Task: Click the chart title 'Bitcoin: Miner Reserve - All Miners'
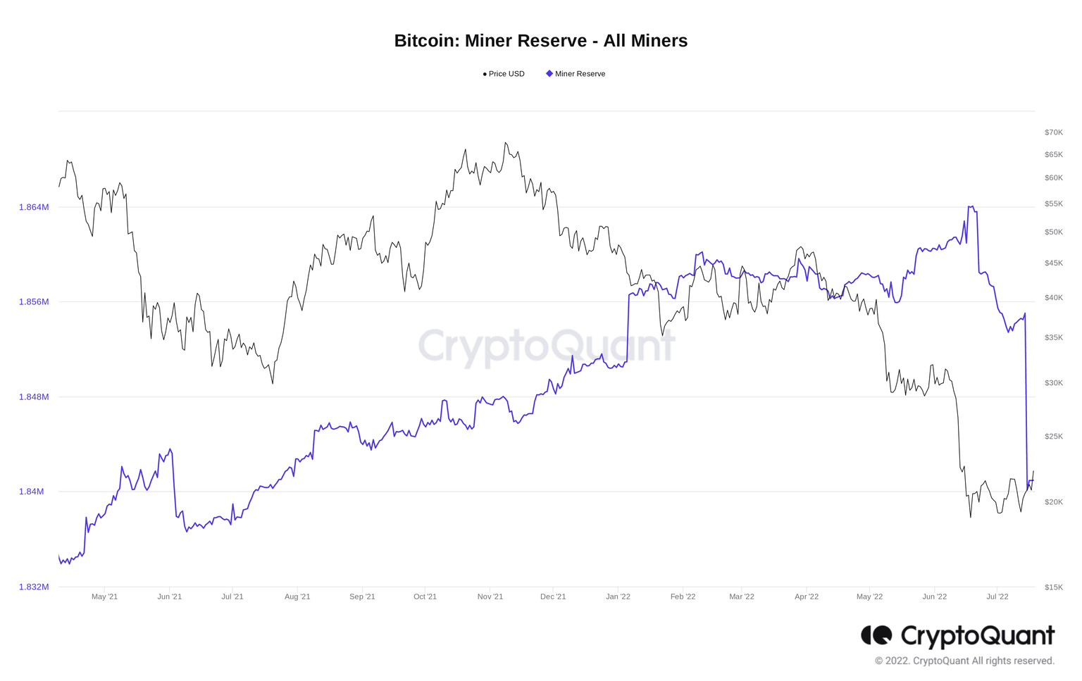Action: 540,41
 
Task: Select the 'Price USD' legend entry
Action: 504,74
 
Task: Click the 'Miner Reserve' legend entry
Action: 576,74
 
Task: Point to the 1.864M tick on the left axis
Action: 34,207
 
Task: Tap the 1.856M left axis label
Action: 34,302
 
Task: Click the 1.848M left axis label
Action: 34,397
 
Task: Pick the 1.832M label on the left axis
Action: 34,587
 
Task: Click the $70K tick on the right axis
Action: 1053,132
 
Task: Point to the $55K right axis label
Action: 1053,204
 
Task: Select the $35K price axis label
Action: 1053,338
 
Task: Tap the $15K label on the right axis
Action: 1053,587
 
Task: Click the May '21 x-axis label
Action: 104,596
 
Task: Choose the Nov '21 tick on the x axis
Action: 490,596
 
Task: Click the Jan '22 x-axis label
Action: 618,596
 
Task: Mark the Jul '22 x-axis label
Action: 997,596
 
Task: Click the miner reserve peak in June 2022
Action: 971,207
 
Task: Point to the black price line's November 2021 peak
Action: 506,143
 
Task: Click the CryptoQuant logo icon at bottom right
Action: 876,635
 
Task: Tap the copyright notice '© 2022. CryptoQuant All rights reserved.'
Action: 964,661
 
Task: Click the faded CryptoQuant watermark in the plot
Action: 547,346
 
